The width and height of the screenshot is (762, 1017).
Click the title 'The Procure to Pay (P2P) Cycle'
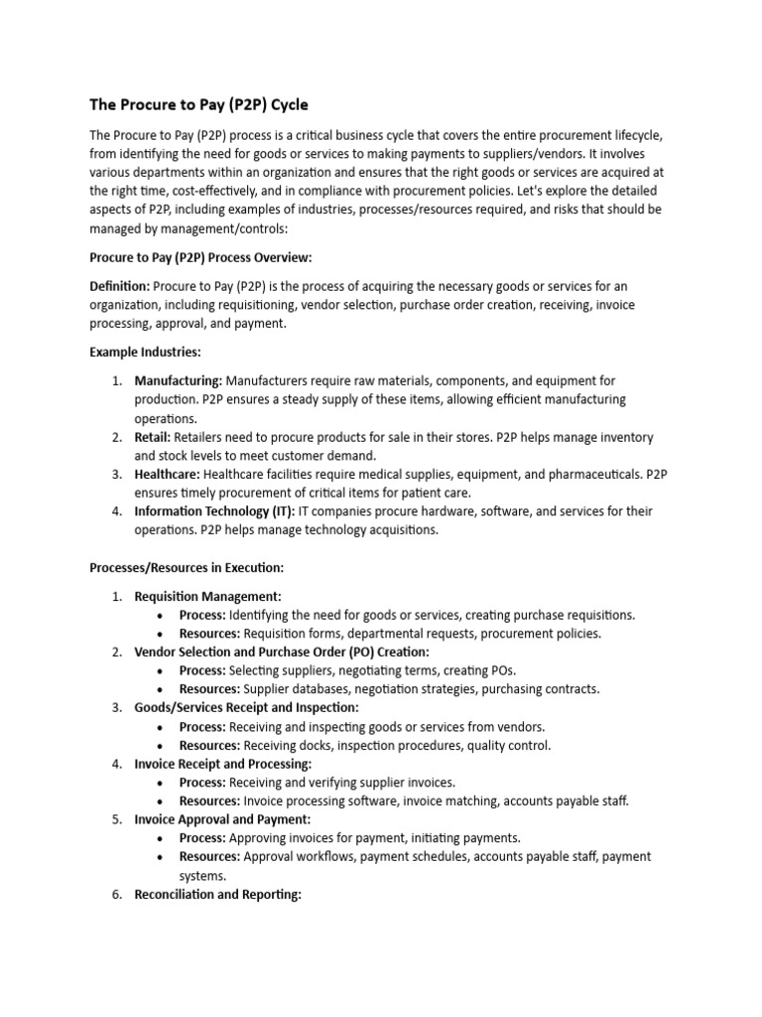pyautogui.click(x=205, y=104)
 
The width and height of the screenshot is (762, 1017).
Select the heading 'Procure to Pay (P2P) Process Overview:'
pyautogui.click(x=200, y=257)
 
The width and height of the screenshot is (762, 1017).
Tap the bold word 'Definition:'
pyautogui.click(x=120, y=286)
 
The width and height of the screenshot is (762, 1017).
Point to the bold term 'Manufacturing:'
pyautogui.click(x=179, y=380)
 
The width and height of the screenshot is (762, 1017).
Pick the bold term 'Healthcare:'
pyautogui.click(x=168, y=474)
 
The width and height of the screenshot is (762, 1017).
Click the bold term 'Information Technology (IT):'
pyautogui.click(x=214, y=511)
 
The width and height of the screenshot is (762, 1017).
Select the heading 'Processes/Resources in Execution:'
pyautogui.click(x=187, y=568)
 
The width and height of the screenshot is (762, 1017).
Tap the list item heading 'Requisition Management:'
pyautogui.click(x=208, y=596)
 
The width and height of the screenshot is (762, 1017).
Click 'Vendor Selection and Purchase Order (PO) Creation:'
pyautogui.click(x=282, y=652)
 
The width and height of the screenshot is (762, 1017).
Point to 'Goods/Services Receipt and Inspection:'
pyautogui.click(x=246, y=707)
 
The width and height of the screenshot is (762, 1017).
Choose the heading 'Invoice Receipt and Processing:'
pyautogui.click(x=223, y=764)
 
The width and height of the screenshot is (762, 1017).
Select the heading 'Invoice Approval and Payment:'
pyautogui.click(x=223, y=819)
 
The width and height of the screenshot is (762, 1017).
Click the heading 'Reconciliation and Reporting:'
pyautogui.click(x=217, y=894)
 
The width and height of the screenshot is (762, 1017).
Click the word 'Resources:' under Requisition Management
pyautogui.click(x=209, y=633)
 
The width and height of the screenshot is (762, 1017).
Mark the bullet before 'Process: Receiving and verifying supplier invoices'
pyautogui.click(x=160, y=783)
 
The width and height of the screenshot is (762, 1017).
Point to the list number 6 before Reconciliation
pyautogui.click(x=115, y=894)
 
